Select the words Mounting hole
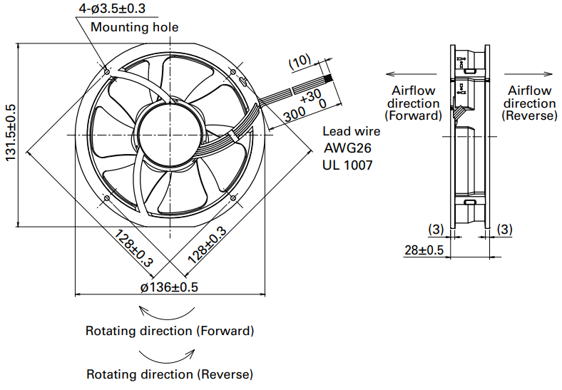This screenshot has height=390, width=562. (135, 27)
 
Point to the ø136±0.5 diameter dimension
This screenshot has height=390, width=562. (169, 287)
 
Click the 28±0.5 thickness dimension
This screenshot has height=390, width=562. (424, 250)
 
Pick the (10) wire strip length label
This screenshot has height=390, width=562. (300, 62)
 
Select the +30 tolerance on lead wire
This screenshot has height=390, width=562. (310, 95)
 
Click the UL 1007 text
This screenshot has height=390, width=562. (349, 165)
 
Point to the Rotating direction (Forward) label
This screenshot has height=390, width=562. (170, 331)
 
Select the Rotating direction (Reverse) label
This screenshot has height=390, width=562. (170, 374)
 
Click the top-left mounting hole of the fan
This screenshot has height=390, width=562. (106, 71)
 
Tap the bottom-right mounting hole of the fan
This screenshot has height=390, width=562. (233, 197)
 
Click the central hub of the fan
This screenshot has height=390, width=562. (170, 134)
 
